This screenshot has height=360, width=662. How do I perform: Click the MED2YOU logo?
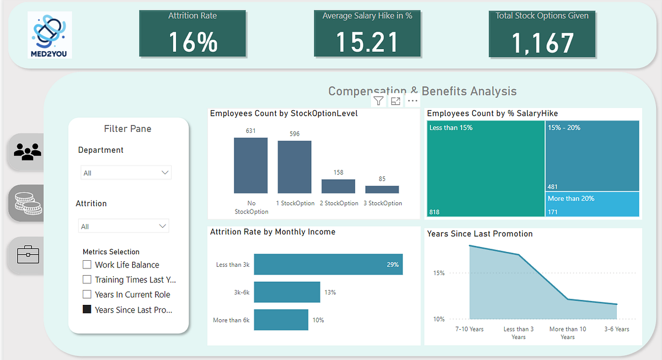[x=50, y=36]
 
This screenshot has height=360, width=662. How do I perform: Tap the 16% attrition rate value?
[x=193, y=42]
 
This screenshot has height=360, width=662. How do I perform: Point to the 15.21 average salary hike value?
[x=367, y=42]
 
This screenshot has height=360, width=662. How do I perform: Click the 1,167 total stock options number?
[x=542, y=43]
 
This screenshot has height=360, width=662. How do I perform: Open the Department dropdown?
[x=126, y=173]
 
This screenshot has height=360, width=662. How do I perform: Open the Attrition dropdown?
[x=124, y=226]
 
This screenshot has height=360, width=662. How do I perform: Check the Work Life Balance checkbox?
[x=87, y=265]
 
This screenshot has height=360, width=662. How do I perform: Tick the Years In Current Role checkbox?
[x=87, y=294]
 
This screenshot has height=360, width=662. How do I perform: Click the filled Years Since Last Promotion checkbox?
[x=87, y=310]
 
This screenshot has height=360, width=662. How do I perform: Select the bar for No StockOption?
[x=250, y=165]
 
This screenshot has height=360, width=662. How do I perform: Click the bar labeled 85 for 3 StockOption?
[x=382, y=189]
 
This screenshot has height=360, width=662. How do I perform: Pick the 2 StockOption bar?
[x=338, y=186]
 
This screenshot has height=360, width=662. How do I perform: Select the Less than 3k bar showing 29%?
[x=328, y=265]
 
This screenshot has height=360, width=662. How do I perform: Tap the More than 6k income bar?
[x=281, y=320]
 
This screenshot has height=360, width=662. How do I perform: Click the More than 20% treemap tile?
[x=592, y=204]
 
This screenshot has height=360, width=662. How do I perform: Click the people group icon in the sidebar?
[x=27, y=151]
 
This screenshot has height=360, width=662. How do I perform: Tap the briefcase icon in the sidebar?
[x=27, y=255]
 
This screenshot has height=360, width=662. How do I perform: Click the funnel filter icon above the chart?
[x=378, y=100]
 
